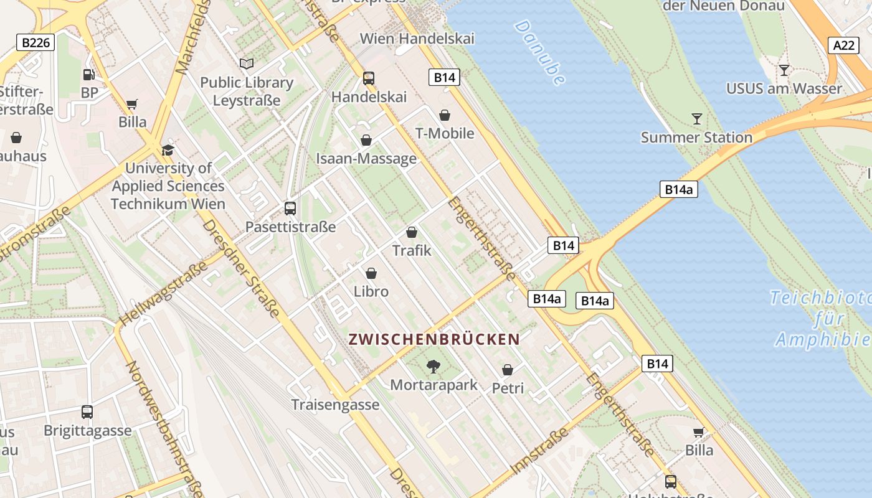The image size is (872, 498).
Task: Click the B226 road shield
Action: point(36,42)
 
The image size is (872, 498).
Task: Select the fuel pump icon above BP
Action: point(89,75)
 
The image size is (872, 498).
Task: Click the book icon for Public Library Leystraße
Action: point(247,63)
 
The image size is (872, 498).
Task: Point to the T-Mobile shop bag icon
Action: point(445,115)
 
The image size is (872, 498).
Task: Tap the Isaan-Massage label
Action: point(366,158)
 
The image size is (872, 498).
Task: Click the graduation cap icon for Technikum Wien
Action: point(167,150)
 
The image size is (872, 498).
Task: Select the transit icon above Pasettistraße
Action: point(290,209)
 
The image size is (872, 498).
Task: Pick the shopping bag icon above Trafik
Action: point(411,233)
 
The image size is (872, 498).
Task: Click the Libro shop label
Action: point(371,291)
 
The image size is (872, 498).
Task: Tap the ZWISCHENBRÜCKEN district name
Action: point(434,339)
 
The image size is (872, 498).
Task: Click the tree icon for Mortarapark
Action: point(433,366)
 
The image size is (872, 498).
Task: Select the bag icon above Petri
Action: point(508,370)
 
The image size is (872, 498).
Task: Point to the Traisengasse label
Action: point(335,405)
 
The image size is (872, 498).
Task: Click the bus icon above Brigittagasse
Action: point(87,411)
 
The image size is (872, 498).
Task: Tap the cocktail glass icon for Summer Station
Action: point(696,118)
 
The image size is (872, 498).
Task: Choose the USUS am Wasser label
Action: point(784,88)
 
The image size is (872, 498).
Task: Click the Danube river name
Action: point(540,52)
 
